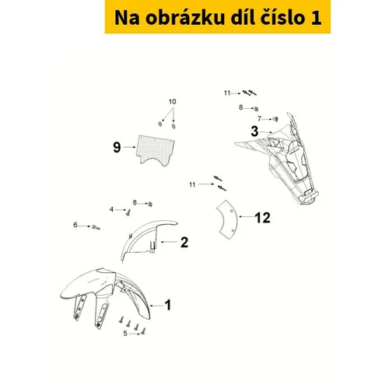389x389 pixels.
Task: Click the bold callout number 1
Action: (168, 305)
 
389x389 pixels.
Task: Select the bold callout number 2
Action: (184, 242)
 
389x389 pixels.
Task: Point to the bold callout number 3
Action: (254, 131)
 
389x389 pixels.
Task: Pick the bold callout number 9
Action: (117, 147)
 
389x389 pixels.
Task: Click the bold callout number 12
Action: (263, 218)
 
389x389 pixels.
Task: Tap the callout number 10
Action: (173, 102)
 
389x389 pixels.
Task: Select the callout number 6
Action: (75, 225)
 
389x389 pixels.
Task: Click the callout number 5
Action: (125, 333)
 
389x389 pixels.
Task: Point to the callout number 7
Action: (259, 118)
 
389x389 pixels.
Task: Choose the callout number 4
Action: (111, 209)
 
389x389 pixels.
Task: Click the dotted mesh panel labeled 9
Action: (156, 150)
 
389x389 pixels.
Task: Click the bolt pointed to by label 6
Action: (96, 227)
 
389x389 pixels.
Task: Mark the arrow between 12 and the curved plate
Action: (247, 216)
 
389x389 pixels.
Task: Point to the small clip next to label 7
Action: (276, 119)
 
